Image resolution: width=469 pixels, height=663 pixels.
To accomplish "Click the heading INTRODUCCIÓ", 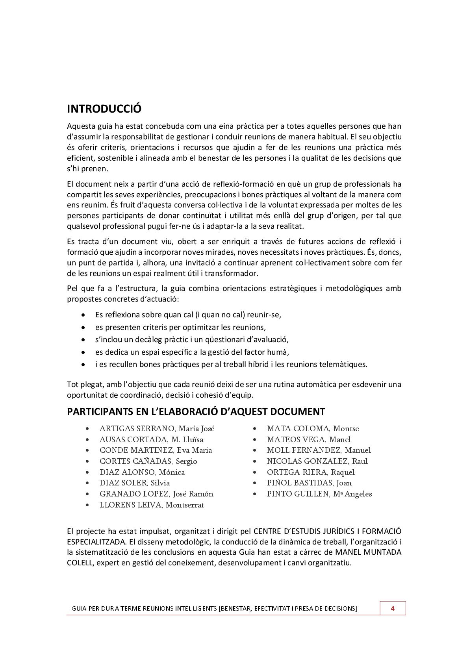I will [104, 109].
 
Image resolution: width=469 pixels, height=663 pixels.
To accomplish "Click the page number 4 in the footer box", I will [392, 608].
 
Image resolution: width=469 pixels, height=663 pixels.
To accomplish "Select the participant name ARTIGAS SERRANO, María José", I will [157, 429].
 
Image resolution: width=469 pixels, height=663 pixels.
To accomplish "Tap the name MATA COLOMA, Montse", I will [313, 429].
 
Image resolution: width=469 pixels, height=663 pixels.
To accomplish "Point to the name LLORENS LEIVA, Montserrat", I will [152, 505].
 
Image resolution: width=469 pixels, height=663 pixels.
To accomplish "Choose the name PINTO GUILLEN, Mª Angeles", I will [319, 494].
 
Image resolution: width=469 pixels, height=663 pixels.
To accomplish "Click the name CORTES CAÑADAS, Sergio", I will [148, 461].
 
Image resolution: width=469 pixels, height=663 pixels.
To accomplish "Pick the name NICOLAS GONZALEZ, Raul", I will [317, 461].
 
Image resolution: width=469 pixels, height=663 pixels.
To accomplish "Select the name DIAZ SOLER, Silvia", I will [135, 483].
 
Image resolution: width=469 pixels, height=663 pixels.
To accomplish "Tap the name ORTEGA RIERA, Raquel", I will [311, 472].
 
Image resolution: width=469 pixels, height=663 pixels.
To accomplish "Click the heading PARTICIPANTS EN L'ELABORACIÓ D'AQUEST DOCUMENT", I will [196, 412].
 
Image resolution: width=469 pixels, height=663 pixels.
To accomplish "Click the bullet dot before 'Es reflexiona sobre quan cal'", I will [83, 315].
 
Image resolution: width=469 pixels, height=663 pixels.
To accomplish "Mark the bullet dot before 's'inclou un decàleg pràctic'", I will [83, 339].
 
